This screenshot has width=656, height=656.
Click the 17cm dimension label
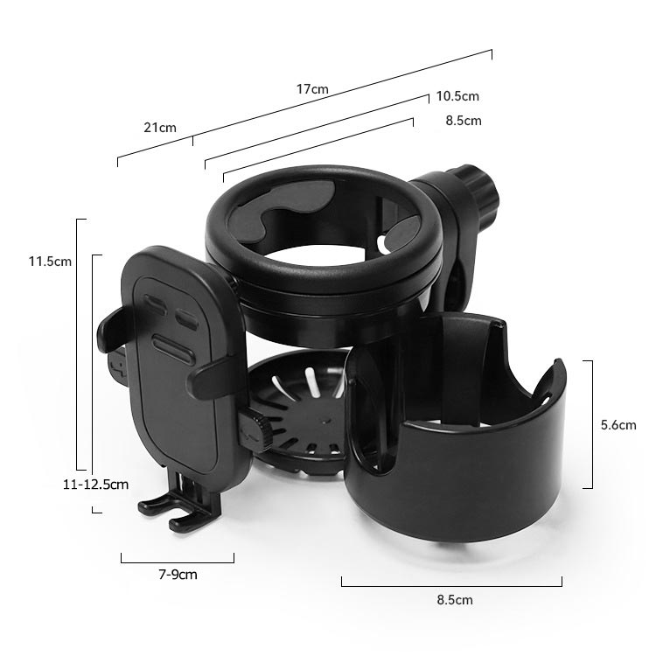tap(312, 89)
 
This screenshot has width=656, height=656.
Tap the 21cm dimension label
tap(160, 128)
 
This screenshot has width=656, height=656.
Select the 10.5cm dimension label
tap(457, 96)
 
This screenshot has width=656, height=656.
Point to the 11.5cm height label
tap(50, 262)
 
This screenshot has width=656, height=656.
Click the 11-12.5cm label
tap(95, 485)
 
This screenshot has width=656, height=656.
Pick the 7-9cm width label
tap(178, 575)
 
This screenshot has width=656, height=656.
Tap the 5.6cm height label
tap(618, 425)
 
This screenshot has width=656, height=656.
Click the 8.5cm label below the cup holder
tap(455, 600)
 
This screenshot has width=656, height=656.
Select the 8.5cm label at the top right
tap(463, 121)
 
